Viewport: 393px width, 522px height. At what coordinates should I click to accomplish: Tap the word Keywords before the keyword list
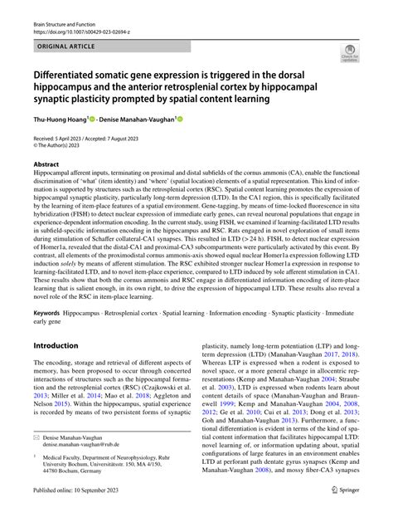[x=47, y=315]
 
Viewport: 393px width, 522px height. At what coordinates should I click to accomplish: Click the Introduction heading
[x=56, y=344]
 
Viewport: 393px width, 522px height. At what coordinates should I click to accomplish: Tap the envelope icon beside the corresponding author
[x=36, y=437]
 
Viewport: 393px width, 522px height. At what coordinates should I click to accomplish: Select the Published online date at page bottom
[x=78, y=511]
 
